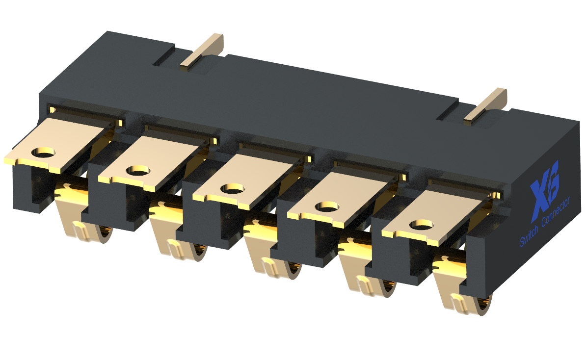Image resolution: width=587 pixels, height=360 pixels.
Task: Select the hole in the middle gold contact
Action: pos(231,188)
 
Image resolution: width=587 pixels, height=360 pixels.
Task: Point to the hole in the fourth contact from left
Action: pos(324,206)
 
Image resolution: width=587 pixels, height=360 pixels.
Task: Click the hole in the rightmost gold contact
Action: pos(419,225)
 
